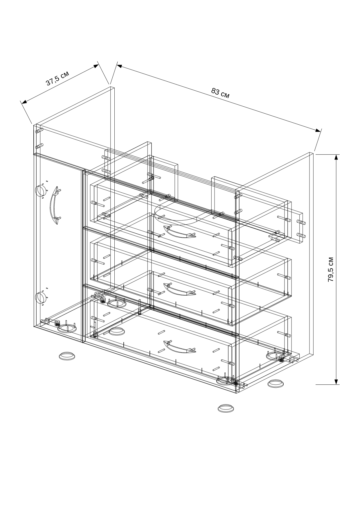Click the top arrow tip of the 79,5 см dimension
pos(336,155)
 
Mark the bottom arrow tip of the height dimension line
pos(336,384)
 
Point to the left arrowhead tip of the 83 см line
pos(117,65)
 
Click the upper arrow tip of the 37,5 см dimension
pos(99,65)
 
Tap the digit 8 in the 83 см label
pos(214,91)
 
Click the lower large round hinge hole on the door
pos(40,298)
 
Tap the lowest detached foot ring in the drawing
pos(226,408)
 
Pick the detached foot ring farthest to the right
pos(276,384)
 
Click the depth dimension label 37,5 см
pos(57,78)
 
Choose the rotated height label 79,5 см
pos(331,269)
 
